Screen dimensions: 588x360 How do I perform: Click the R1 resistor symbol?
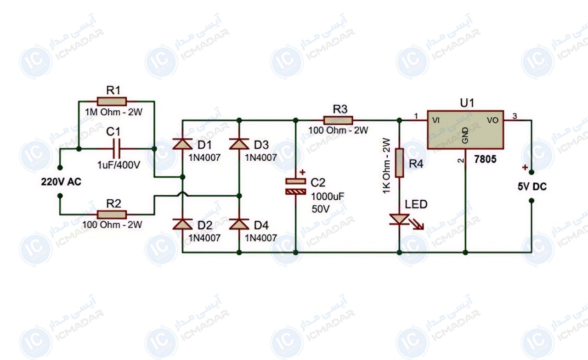point(112,101)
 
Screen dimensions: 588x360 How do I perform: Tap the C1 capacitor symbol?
point(116,148)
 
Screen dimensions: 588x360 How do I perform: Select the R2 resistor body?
point(112,214)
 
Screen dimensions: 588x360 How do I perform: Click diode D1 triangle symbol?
point(182,144)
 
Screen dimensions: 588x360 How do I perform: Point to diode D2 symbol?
point(182,224)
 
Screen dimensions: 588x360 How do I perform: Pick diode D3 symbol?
point(239,144)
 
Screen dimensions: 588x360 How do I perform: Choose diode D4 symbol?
point(239,224)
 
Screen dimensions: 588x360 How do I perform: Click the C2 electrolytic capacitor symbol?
point(296,186)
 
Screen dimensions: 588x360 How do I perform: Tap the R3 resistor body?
point(339,120)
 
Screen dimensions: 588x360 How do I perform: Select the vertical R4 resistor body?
point(399,163)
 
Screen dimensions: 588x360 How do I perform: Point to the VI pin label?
point(436,120)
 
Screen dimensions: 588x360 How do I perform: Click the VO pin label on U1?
point(493,120)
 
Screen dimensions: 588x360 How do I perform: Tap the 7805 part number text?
point(486,159)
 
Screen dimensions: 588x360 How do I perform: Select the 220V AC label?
point(61,181)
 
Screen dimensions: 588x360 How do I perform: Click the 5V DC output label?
point(532,186)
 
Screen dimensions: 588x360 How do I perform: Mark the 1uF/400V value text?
point(119,165)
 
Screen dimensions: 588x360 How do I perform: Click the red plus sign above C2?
point(302,172)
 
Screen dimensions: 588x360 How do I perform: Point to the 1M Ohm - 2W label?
point(113,112)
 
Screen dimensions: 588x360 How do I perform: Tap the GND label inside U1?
point(465,135)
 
